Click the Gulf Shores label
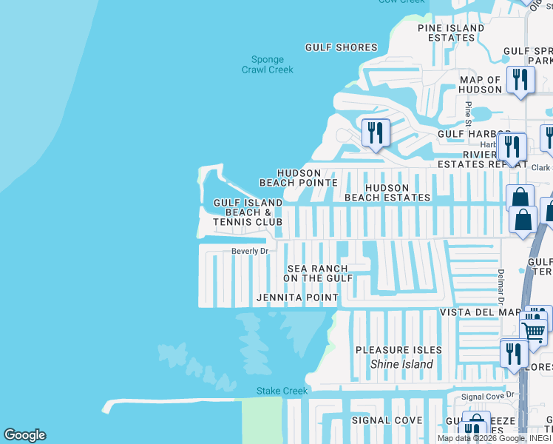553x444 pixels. [342, 47]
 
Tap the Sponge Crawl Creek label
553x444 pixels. [267, 65]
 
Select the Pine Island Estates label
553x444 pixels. [451, 33]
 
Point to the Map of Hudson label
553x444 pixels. [480, 84]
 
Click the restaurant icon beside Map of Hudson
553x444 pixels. [520, 80]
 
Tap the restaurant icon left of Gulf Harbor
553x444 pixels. [376, 132]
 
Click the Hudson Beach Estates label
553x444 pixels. [387, 192]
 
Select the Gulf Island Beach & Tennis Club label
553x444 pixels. [248, 212]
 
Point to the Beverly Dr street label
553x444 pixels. [249, 251]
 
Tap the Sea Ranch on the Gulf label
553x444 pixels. [316, 273]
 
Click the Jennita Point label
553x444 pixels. [297, 298]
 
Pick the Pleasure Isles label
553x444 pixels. [398, 349]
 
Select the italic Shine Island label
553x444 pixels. [401, 364]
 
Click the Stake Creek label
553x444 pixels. [271, 391]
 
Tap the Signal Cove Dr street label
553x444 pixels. [486, 397]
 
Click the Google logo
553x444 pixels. [24, 434]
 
